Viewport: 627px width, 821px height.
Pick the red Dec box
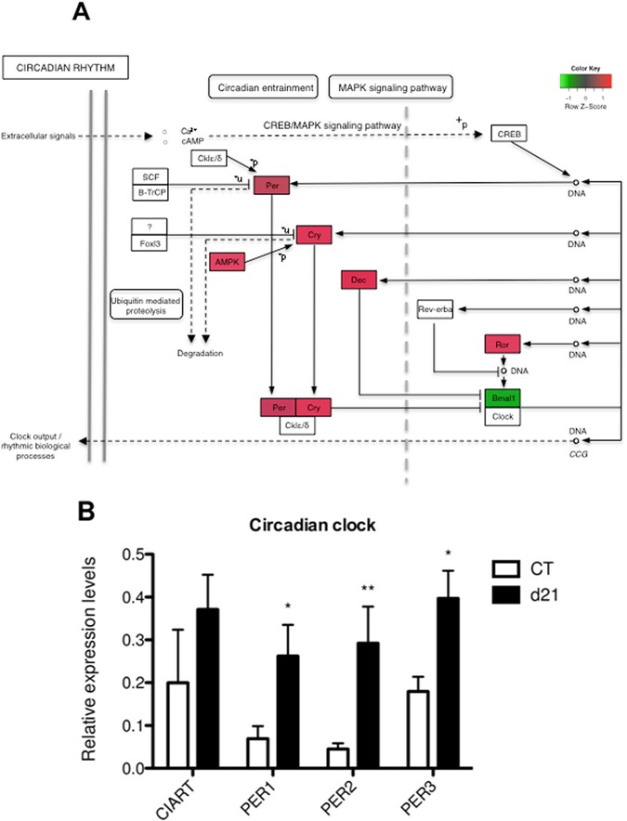pyautogui.click(x=358, y=279)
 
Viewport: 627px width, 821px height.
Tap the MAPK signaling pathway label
pyautogui.click(x=389, y=87)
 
